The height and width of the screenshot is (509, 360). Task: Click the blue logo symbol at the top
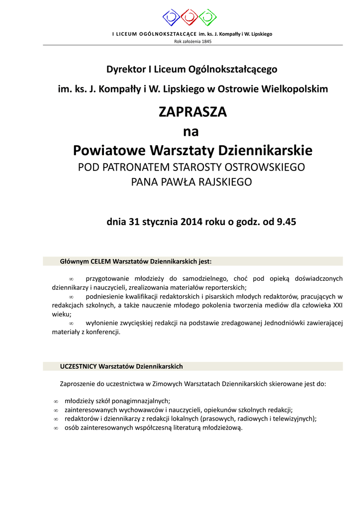pos(172,17)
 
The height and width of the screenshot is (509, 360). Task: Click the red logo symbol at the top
pos(189,17)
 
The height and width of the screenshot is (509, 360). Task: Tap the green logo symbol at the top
pos(207,17)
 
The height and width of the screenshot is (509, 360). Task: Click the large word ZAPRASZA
pos(192,112)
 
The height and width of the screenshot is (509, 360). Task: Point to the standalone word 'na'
pos(191,132)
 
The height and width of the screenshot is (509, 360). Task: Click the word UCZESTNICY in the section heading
pos(78,366)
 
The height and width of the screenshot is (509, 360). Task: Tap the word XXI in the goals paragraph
pos(337,305)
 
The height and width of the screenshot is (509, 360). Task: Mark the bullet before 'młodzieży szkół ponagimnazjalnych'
pos(56,401)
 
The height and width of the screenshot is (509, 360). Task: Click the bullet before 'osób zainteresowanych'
pos(56,428)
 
